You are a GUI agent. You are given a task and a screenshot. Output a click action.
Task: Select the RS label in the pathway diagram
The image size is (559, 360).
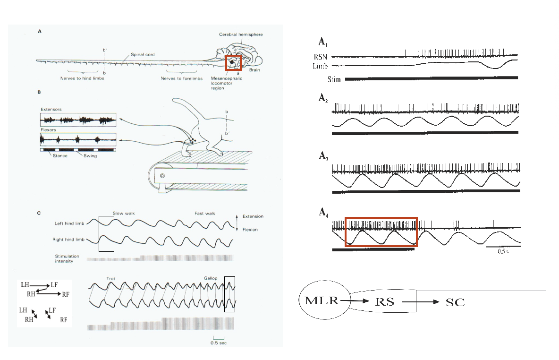385,301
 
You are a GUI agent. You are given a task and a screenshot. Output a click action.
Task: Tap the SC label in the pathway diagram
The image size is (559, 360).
455,302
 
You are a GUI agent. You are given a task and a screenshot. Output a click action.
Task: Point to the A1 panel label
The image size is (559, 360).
322,43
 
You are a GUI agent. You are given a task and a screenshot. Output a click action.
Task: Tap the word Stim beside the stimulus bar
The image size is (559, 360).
334,79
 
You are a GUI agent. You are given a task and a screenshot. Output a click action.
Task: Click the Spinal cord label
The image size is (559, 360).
143,55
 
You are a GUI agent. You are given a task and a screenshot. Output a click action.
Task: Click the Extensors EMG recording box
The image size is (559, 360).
78,120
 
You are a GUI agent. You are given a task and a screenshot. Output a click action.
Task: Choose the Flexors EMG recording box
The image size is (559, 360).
78,139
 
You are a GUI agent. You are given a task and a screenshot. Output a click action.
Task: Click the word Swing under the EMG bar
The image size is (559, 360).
90,155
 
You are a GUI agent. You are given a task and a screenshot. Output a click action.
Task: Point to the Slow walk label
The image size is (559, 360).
124,214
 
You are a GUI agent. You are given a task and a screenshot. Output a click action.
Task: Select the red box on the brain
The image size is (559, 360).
234,63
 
